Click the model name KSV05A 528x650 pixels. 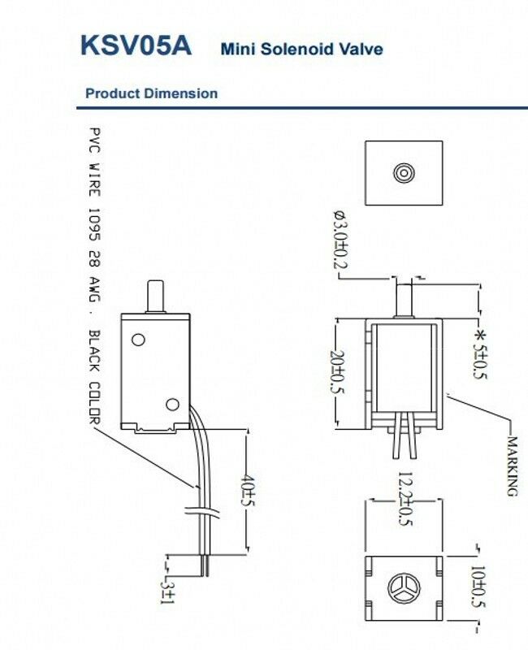[136, 45]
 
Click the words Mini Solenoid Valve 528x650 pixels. [301, 49]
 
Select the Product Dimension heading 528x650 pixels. [151, 93]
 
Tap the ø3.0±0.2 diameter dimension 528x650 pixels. [340, 239]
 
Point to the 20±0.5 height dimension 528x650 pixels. [337, 373]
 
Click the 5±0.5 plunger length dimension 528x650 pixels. [481, 354]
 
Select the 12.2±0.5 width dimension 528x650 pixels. [405, 499]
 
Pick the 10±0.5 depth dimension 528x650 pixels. [478, 587]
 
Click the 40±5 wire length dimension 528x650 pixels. [247, 490]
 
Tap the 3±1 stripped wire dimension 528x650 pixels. [168, 593]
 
